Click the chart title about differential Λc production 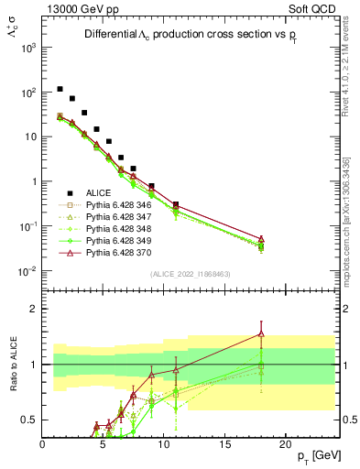pos(188,35)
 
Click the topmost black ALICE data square pos(60,90)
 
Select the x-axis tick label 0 pos(42,444)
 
